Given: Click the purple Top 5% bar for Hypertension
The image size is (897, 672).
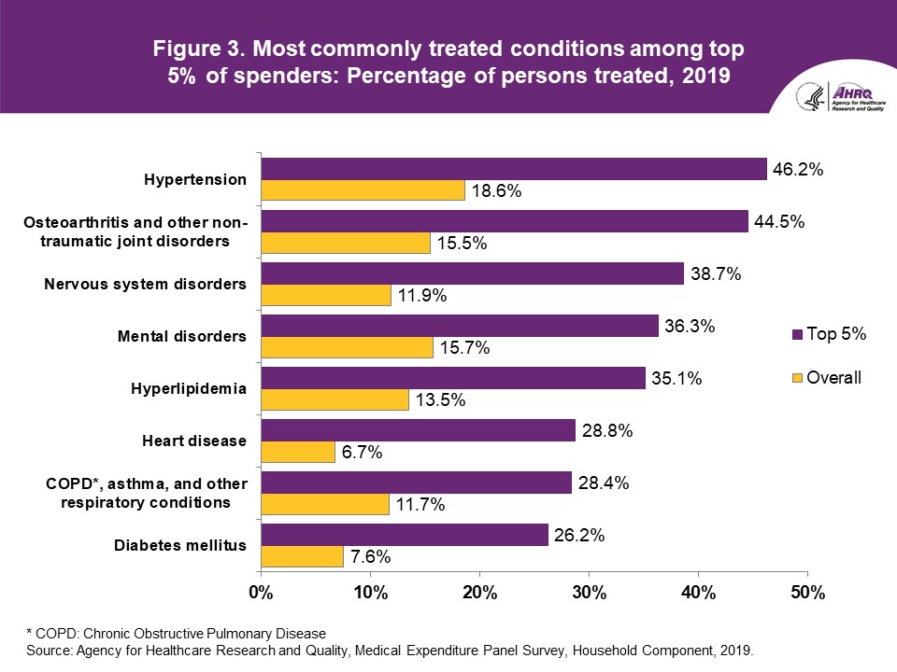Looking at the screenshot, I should pos(513,169).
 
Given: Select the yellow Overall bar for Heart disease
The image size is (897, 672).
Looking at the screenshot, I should pos(297,452).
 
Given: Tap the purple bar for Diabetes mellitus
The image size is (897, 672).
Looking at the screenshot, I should pos(404,534).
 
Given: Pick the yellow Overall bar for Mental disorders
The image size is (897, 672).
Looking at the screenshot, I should pos(347,347).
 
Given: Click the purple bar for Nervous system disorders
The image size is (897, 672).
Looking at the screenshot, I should pos(472,273).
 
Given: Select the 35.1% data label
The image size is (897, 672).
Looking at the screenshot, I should pos(673,380).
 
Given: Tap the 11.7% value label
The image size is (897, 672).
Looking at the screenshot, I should pos(419,506).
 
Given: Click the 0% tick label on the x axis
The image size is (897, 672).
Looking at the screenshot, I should pos(260,593).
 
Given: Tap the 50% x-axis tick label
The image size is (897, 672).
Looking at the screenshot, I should pos(807,593).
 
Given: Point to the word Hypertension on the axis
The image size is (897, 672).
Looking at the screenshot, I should pos(195,179).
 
